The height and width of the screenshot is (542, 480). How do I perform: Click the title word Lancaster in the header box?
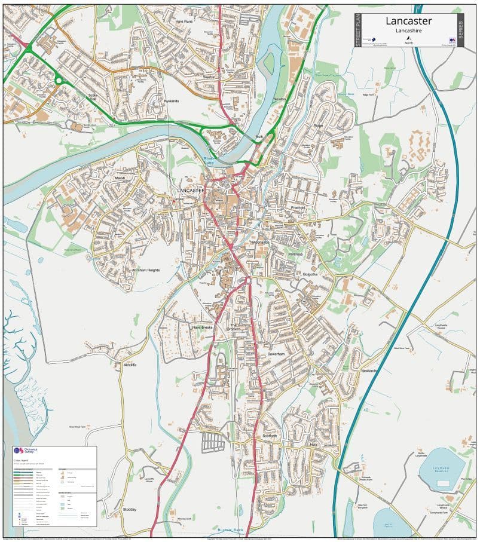click(408, 21)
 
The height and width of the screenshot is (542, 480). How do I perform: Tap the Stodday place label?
click(130, 509)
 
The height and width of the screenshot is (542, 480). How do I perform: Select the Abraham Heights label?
click(146, 270)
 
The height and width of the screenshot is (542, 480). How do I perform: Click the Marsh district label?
click(120, 177)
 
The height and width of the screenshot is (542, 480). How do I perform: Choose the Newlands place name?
click(369, 371)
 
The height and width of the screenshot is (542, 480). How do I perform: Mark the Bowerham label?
click(277, 354)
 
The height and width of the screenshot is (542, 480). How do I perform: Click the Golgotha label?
click(309, 274)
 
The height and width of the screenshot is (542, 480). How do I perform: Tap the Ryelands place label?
click(172, 101)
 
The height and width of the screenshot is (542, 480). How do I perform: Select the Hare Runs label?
click(184, 21)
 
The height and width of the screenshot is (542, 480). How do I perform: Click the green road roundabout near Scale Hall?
click(59, 79)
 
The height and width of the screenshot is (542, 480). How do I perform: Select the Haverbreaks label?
click(202, 327)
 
